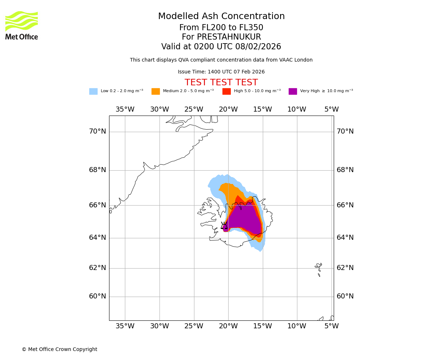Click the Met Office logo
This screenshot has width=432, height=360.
coord(22,25)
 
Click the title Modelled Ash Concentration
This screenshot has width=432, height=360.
coord(221,17)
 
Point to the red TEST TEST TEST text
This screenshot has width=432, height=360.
coord(221,83)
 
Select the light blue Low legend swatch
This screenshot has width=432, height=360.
coord(93,91)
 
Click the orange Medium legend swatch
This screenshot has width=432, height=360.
coord(156,91)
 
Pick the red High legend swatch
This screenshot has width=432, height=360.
coord(226,91)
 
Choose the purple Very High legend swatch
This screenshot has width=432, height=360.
coord(293,91)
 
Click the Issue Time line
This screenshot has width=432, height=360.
coord(221,72)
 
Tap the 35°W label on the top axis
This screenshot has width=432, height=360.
coord(125,109)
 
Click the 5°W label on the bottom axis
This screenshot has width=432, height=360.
coord(331,326)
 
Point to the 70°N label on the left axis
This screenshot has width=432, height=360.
coord(98,131)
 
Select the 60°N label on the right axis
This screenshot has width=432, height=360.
coord(345,296)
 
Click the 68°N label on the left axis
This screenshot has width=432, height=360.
coord(98,170)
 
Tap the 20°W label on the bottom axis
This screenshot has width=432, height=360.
coord(228,326)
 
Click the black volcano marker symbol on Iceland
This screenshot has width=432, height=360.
coord(224,226)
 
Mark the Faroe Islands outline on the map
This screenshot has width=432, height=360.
coord(319,269)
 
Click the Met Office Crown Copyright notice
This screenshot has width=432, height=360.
coord(59,349)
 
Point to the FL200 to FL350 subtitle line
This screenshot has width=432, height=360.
coord(221,28)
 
